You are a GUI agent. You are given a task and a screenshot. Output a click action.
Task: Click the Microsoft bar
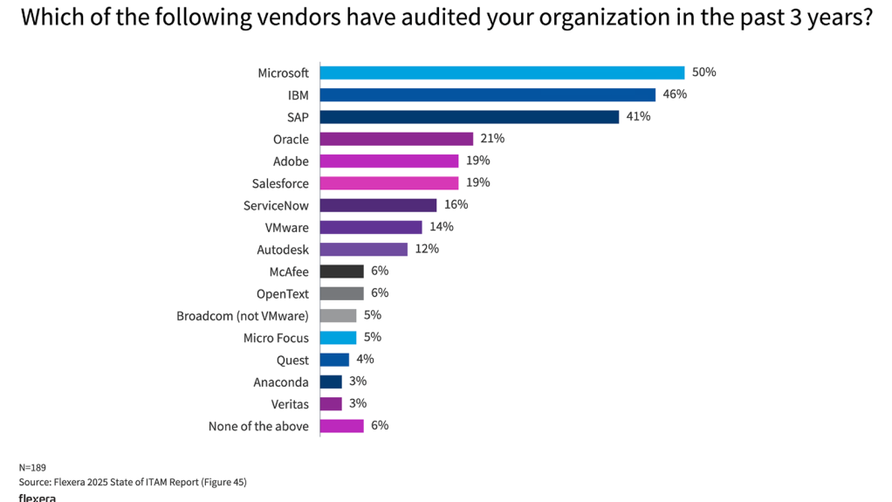(x=502, y=72)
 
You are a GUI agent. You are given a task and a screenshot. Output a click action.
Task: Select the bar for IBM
(x=487, y=94)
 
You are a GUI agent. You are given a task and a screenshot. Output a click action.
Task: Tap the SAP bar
(x=469, y=117)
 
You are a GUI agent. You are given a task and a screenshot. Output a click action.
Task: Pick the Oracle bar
(x=396, y=139)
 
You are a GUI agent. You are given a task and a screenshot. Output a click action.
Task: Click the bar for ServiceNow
(x=378, y=205)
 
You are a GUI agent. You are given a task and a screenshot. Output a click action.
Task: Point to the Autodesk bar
(x=363, y=249)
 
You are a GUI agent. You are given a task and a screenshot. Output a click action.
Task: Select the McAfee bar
(x=341, y=272)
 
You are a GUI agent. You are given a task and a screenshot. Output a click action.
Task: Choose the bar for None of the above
(x=341, y=426)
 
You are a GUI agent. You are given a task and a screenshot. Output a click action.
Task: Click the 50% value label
(x=704, y=72)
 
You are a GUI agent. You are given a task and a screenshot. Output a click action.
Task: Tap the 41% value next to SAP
(x=638, y=117)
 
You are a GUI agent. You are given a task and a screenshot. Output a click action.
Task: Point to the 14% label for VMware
(x=442, y=227)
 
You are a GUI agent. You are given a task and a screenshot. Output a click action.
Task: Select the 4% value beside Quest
(x=365, y=360)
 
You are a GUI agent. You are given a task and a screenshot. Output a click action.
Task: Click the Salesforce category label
(x=279, y=183)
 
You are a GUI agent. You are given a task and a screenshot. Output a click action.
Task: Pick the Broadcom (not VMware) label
(x=243, y=315)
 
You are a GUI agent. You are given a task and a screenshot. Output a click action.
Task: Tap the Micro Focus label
(x=276, y=338)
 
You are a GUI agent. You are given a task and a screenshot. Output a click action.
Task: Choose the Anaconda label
(x=281, y=382)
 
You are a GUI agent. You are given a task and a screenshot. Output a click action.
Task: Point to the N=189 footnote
(x=33, y=467)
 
